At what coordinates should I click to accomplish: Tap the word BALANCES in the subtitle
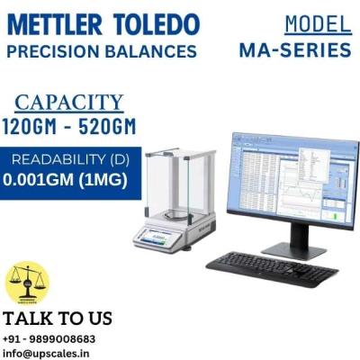152,50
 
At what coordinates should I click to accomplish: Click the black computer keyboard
271,264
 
